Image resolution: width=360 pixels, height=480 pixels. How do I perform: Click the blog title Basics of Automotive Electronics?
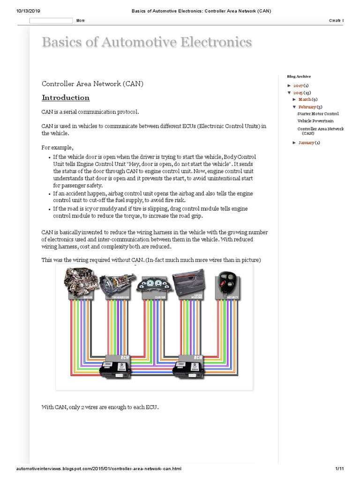[147, 42]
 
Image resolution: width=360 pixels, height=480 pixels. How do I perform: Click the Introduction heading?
[66, 97]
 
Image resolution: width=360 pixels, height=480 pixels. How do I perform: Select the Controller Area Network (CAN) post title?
[92, 84]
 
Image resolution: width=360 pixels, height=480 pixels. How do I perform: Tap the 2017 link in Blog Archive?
[298, 86]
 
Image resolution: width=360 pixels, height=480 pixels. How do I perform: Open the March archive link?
[305, 99]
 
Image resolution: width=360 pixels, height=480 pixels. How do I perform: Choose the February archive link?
[307, 107]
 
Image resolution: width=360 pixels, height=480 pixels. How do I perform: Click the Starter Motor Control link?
[318, 113]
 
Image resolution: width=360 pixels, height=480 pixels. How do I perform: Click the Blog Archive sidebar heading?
[299, 76]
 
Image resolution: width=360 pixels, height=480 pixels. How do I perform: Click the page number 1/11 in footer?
[340, 469]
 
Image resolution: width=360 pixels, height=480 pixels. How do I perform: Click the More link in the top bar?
[81, 21]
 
